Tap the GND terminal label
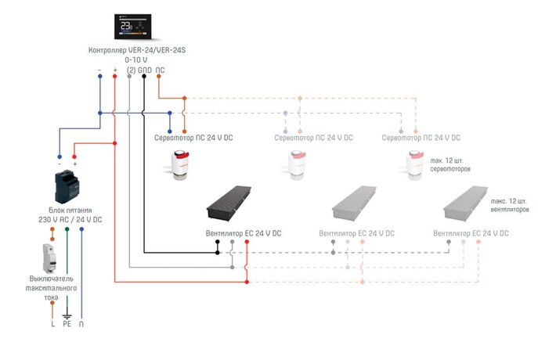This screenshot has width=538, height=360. pyautogui.click(x=144, y=70)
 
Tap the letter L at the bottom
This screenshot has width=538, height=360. pyautogui.click(x=52, y=322)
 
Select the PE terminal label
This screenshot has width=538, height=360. pyautogui.click(x=67, y=322)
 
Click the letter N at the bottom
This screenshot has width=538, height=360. pyautogui.click(x=81, y=322)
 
